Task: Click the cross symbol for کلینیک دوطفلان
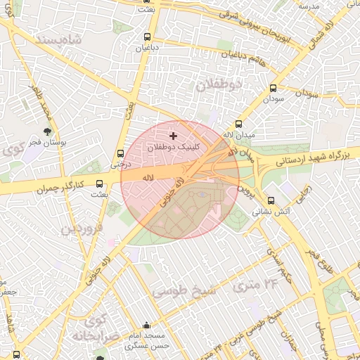pos(174,134)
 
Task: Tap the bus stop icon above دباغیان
pos(146,37)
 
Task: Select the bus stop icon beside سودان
pos(274,89)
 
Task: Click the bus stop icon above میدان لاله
pos(239,123)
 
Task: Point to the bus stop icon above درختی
pos(120,153)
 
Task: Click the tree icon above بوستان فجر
pos(48,131)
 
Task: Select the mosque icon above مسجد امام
pos(146,326)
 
